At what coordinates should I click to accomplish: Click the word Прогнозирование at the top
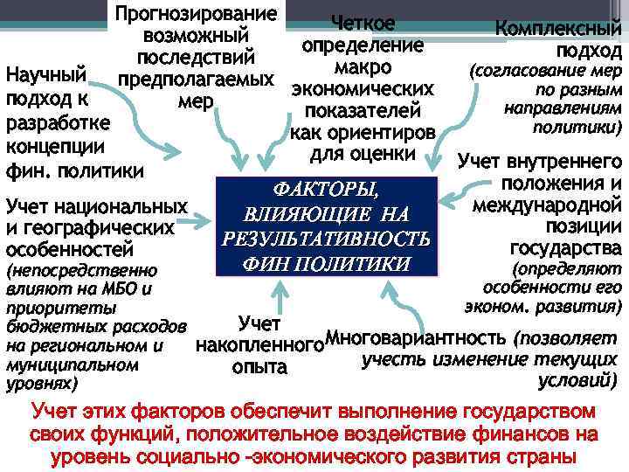tap(197, 15)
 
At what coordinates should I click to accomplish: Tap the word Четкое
tap(363, 24)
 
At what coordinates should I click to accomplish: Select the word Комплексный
tap(559, 28)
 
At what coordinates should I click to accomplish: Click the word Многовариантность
tap(415, 337)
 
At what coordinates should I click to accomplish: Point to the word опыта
tap(259, 368)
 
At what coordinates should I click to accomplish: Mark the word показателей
tap(363, 111)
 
